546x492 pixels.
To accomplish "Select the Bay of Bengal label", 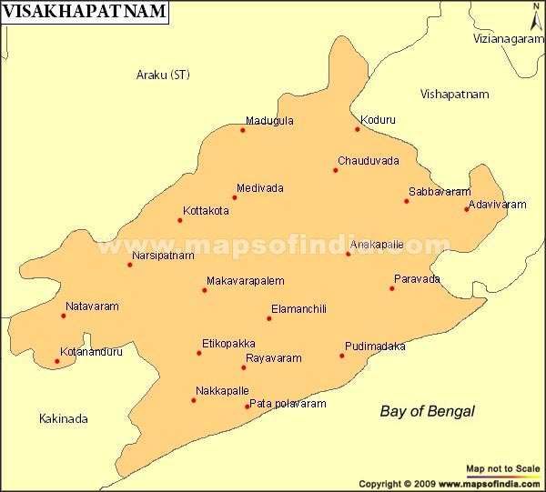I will tap(427, 411).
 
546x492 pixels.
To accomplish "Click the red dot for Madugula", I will tap(243, 130).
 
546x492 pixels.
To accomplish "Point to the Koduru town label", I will tap(378, 119).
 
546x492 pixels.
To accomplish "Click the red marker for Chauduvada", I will tap(336, 170).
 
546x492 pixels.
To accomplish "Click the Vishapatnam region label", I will tap(454, 95).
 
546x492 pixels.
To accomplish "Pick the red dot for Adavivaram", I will tap(467, 209).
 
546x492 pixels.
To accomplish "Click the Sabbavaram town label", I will tap(440, 192).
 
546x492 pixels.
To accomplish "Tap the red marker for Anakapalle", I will tap(348, 254).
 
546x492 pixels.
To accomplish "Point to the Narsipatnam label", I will tap(164, 256).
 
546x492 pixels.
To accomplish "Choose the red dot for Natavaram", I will tap(64, 316).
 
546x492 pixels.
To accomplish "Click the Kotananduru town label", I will tap(91, 352).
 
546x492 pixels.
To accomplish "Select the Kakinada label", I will tap(64, 419).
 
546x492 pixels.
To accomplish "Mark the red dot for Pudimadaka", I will tap(342, 356).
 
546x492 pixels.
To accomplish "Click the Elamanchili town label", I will tap(298, 309).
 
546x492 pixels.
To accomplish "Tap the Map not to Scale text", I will tap(502, 467).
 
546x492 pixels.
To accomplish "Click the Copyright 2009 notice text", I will tap(450, 484).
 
